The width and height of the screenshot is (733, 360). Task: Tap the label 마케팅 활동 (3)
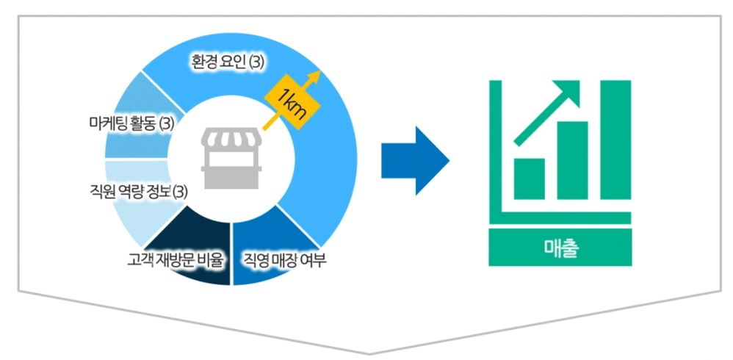tap(126, 123)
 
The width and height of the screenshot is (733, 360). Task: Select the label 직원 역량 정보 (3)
tap(134, 192)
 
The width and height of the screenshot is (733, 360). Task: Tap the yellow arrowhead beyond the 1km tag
tap(316, 76)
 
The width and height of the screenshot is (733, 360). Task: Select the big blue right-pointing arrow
tap(415, 161)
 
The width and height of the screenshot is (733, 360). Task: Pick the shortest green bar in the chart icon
tap(529, 179)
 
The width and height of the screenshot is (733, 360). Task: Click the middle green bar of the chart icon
tap(573, 160)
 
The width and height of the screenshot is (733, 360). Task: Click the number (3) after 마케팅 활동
tap(167, 123)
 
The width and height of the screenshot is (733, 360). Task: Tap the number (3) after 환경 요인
tap(256, 62)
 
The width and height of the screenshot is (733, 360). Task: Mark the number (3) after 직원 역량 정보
tap(180, 192)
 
